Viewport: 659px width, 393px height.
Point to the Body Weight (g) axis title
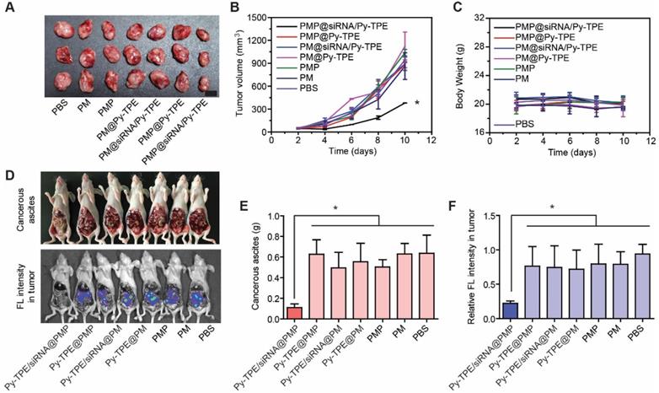coord(443,76)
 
